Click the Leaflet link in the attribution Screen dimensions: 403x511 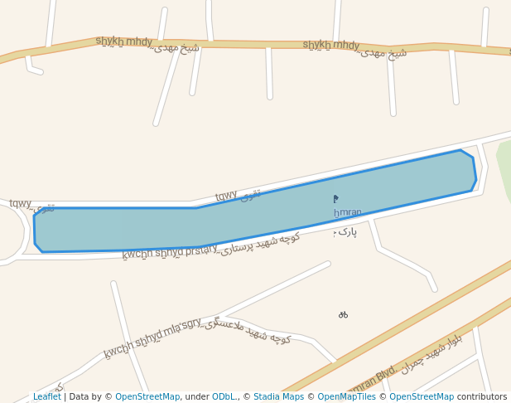click(x=46, y=397)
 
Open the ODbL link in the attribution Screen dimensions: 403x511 click(x=224, y=397)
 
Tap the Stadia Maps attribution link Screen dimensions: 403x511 click(x=278, y=397)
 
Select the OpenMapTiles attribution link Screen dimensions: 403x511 click(x=346, y=397)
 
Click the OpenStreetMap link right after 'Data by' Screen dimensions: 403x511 click(x=147, y=397)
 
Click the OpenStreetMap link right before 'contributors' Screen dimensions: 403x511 click(x=422, y=397)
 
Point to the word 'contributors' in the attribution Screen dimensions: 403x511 click(x=482, y=397)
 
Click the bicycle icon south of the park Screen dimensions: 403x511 click(x=343, y=315)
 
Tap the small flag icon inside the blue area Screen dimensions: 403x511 click(x=335, y=199)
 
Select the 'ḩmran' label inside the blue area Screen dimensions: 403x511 click(x=348, y=213)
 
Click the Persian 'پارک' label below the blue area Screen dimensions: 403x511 click(x=346, y=232)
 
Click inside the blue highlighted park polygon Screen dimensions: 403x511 click(x=248, y=217)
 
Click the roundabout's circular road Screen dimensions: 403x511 click(x=24, y=232)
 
